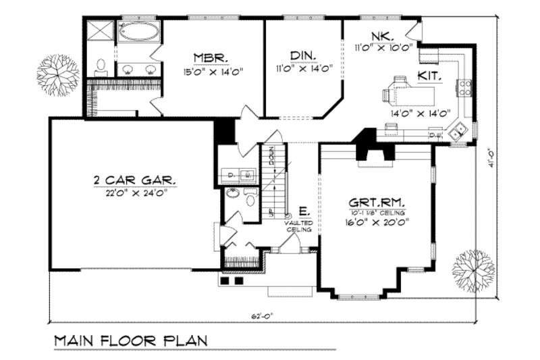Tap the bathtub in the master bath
click(x=140, y=31)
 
